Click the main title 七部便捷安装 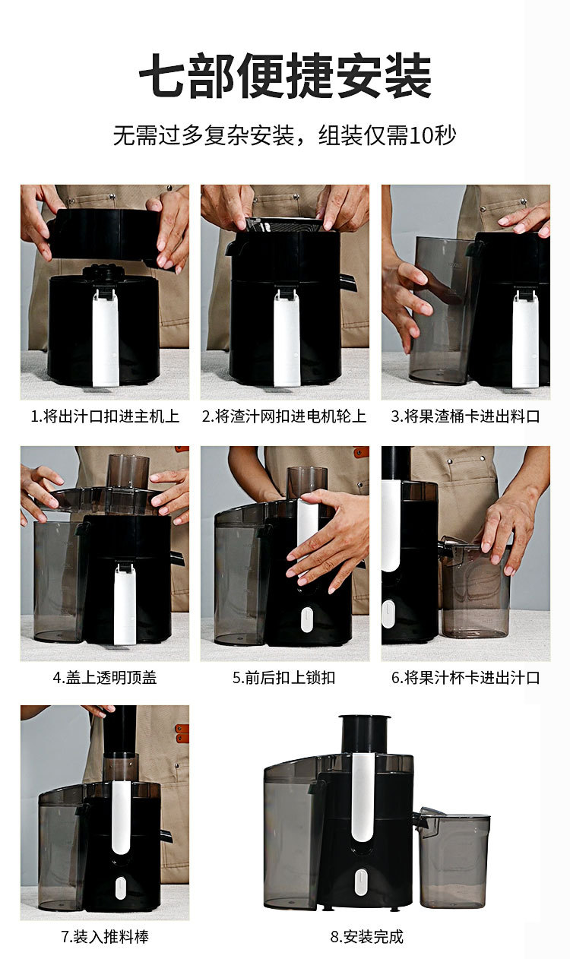(285, 76)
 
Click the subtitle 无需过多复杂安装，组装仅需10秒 (285, 135)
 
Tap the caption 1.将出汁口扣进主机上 (105, 416)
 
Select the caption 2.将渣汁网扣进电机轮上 (284, 416)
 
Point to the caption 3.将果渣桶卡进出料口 (466, 416)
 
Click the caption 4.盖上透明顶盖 (105, 678)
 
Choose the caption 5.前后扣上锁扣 (284, 678)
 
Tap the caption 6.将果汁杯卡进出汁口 (466, 678)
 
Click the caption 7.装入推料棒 (105, 937)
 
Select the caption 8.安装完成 (367, 937)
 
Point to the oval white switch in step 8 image (361, 882)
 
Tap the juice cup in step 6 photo (474, 587)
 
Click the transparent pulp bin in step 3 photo (441, 310)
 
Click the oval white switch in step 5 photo (307, 620)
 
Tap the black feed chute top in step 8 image (365, 733)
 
